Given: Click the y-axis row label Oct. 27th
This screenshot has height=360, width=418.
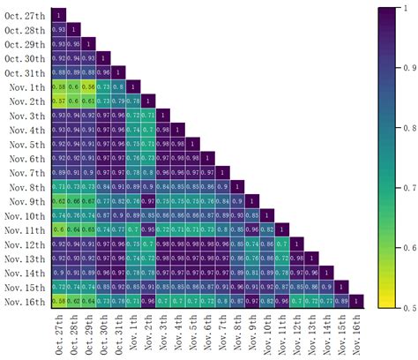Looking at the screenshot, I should [x=27, y=15].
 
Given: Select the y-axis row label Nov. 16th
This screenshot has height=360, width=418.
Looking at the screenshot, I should [x=26, y=302].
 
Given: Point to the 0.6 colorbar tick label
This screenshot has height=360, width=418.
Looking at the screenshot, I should [x=407, y=248].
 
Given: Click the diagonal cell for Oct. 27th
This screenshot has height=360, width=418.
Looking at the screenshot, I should [x=58, y=15].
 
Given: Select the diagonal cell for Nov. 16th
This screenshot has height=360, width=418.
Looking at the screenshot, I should [x=356, y=302].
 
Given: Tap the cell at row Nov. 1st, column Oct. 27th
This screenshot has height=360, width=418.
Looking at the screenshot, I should [x=58, y=86].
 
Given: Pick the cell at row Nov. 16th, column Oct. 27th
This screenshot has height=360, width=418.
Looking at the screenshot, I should [x=58, y=302].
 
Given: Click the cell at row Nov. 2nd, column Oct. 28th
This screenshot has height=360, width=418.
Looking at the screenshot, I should [x=73, y=101].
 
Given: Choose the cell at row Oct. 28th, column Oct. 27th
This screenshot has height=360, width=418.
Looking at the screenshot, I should [x=58, y=29].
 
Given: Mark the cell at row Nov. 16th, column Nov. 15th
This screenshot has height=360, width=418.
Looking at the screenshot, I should [x=341, y=302].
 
